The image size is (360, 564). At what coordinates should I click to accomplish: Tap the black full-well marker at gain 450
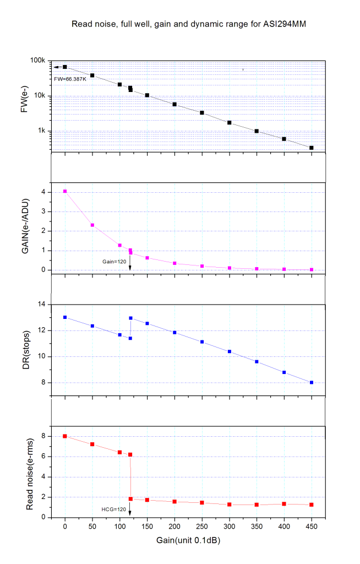[x=312, y=148]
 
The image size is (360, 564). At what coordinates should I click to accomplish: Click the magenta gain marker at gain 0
[x=65, y=191]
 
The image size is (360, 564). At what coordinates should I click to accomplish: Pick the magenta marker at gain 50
[x=92, y=225]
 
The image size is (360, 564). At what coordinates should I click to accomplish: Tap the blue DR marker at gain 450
[x=312, y=382]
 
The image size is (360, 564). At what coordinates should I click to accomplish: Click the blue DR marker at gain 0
[x=65, y=317]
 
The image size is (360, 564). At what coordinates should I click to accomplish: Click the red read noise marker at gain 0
[x=65, y=436]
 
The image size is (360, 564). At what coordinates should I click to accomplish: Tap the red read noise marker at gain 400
[x=284, y=503]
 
